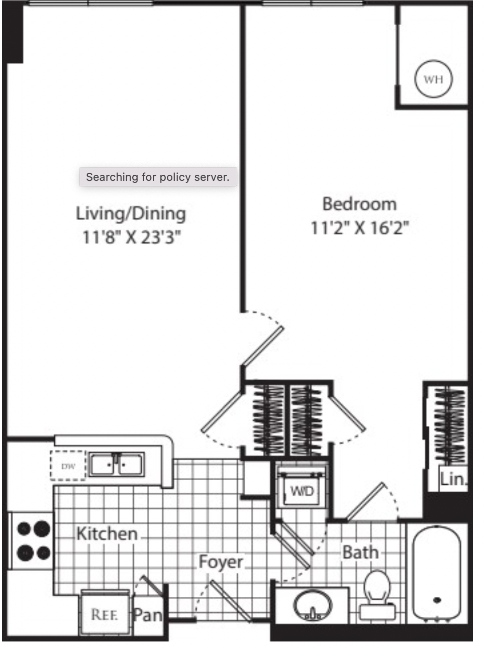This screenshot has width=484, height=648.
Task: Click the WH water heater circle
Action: coord(433,79)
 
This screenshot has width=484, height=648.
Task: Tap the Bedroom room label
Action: coord(359,204)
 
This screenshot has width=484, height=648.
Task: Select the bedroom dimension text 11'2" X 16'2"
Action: coord(360,228)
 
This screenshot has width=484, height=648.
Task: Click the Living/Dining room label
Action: coord(131,213)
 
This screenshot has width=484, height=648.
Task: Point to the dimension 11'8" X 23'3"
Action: coord(131,237)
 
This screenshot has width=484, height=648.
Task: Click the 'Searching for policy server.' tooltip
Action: coord(158,177)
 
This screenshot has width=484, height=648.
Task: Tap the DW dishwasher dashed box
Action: coord(68,466)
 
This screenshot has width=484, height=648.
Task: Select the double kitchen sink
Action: coord(117,464)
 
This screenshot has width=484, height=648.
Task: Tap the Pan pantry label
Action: coord(148,615)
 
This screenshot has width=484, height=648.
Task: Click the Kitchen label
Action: coord(107,534)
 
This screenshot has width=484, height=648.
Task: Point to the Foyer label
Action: coord(221,562)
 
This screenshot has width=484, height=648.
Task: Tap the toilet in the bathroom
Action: coord(377,596)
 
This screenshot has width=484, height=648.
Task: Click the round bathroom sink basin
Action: coord(313,604)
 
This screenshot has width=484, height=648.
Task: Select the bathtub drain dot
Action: coord(437,600)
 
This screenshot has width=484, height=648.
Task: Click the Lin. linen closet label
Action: coord(453,479)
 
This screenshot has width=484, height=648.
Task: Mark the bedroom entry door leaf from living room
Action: coord(263,346)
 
